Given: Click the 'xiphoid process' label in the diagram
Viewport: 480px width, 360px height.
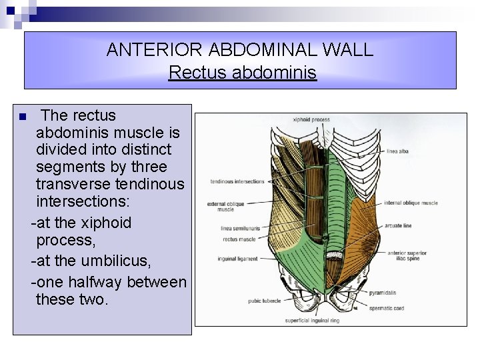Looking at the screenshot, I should (311, 120).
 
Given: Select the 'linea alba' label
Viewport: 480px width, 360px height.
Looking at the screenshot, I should (397, 151).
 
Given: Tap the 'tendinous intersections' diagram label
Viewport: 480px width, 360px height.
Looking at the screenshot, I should (237, 181).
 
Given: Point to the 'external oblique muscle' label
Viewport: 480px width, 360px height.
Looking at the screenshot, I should (225, 206).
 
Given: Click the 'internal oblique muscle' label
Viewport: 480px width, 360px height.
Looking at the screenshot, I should (411, 203).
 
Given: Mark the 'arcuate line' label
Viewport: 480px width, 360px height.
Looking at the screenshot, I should (398, 226).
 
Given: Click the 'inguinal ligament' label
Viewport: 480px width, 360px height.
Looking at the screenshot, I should (237, 259).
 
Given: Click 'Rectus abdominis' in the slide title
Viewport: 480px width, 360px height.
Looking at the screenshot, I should (242, 72).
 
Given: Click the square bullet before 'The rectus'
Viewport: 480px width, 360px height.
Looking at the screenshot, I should (23, 117).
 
